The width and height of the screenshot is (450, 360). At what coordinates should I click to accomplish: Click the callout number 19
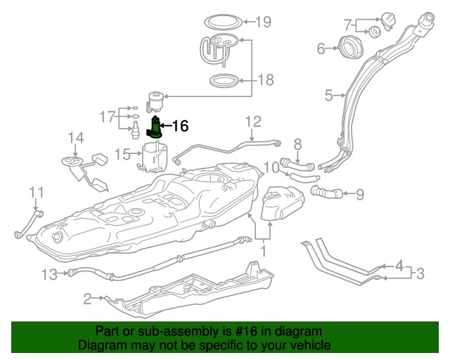[x=263, y=22]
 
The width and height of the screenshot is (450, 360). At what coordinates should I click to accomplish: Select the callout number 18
[x=266, y=80]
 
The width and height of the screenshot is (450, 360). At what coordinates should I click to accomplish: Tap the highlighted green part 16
[x=154, y=128]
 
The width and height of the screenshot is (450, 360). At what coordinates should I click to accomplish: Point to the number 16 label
[x=180, y=126]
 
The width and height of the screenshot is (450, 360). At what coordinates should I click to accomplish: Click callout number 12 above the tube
[x=253, y=121]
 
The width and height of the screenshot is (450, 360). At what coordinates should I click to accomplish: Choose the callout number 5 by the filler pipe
[x=328, y=94]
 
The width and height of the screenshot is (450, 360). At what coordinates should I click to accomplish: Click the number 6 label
[x=321, y=49]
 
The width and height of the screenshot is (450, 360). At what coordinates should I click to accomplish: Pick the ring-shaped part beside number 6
[x=348, y=48]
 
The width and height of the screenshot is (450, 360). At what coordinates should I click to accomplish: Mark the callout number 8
[x=297, y=144]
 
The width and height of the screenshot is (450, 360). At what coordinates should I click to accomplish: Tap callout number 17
[x=107, y=115]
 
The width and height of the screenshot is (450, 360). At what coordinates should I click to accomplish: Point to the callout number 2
[x=88, y=300]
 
